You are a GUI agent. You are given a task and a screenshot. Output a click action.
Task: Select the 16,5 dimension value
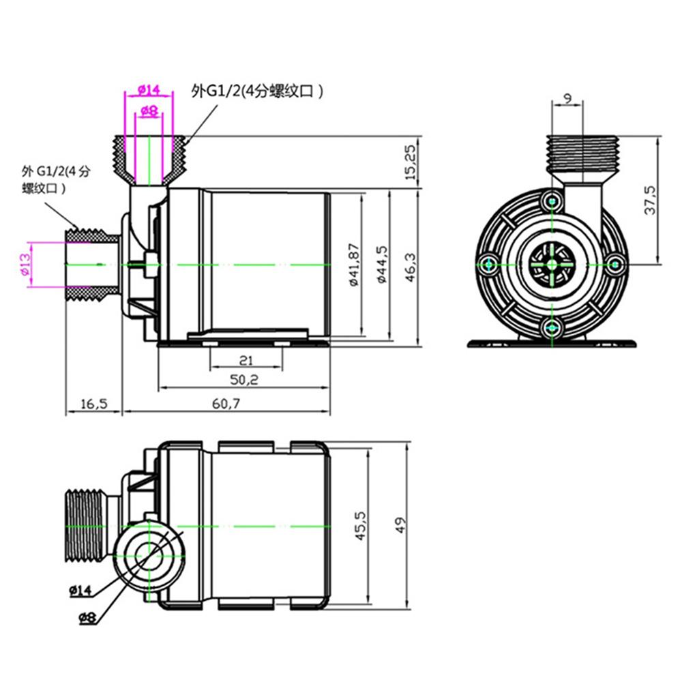tap(93, 404)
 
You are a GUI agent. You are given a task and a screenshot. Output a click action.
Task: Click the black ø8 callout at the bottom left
tap(87, 618)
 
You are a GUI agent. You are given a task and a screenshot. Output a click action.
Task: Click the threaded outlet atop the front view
tap(583, 153)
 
